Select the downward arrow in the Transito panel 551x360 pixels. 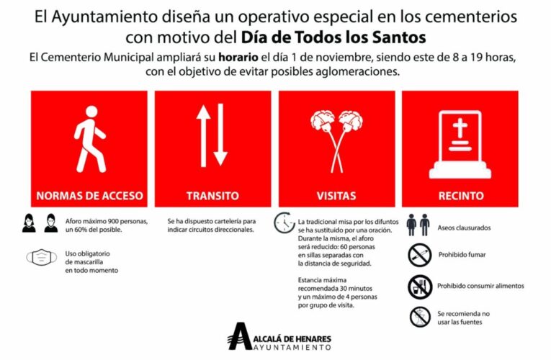tap(220, 135)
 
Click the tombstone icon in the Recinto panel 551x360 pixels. tap(460, 147)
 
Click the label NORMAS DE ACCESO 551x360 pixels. tap(89, 196)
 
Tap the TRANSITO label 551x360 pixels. tap(212, 196)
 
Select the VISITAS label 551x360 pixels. tap(336, 196)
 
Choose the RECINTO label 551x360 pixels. tap(460, 196)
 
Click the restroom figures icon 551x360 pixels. tap(418, 225)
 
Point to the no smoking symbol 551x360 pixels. tap(418, 254)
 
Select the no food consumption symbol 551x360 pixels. tap(418, 286)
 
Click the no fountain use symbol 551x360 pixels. tap(418, 317)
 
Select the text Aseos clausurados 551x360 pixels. tap(464, 228)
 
